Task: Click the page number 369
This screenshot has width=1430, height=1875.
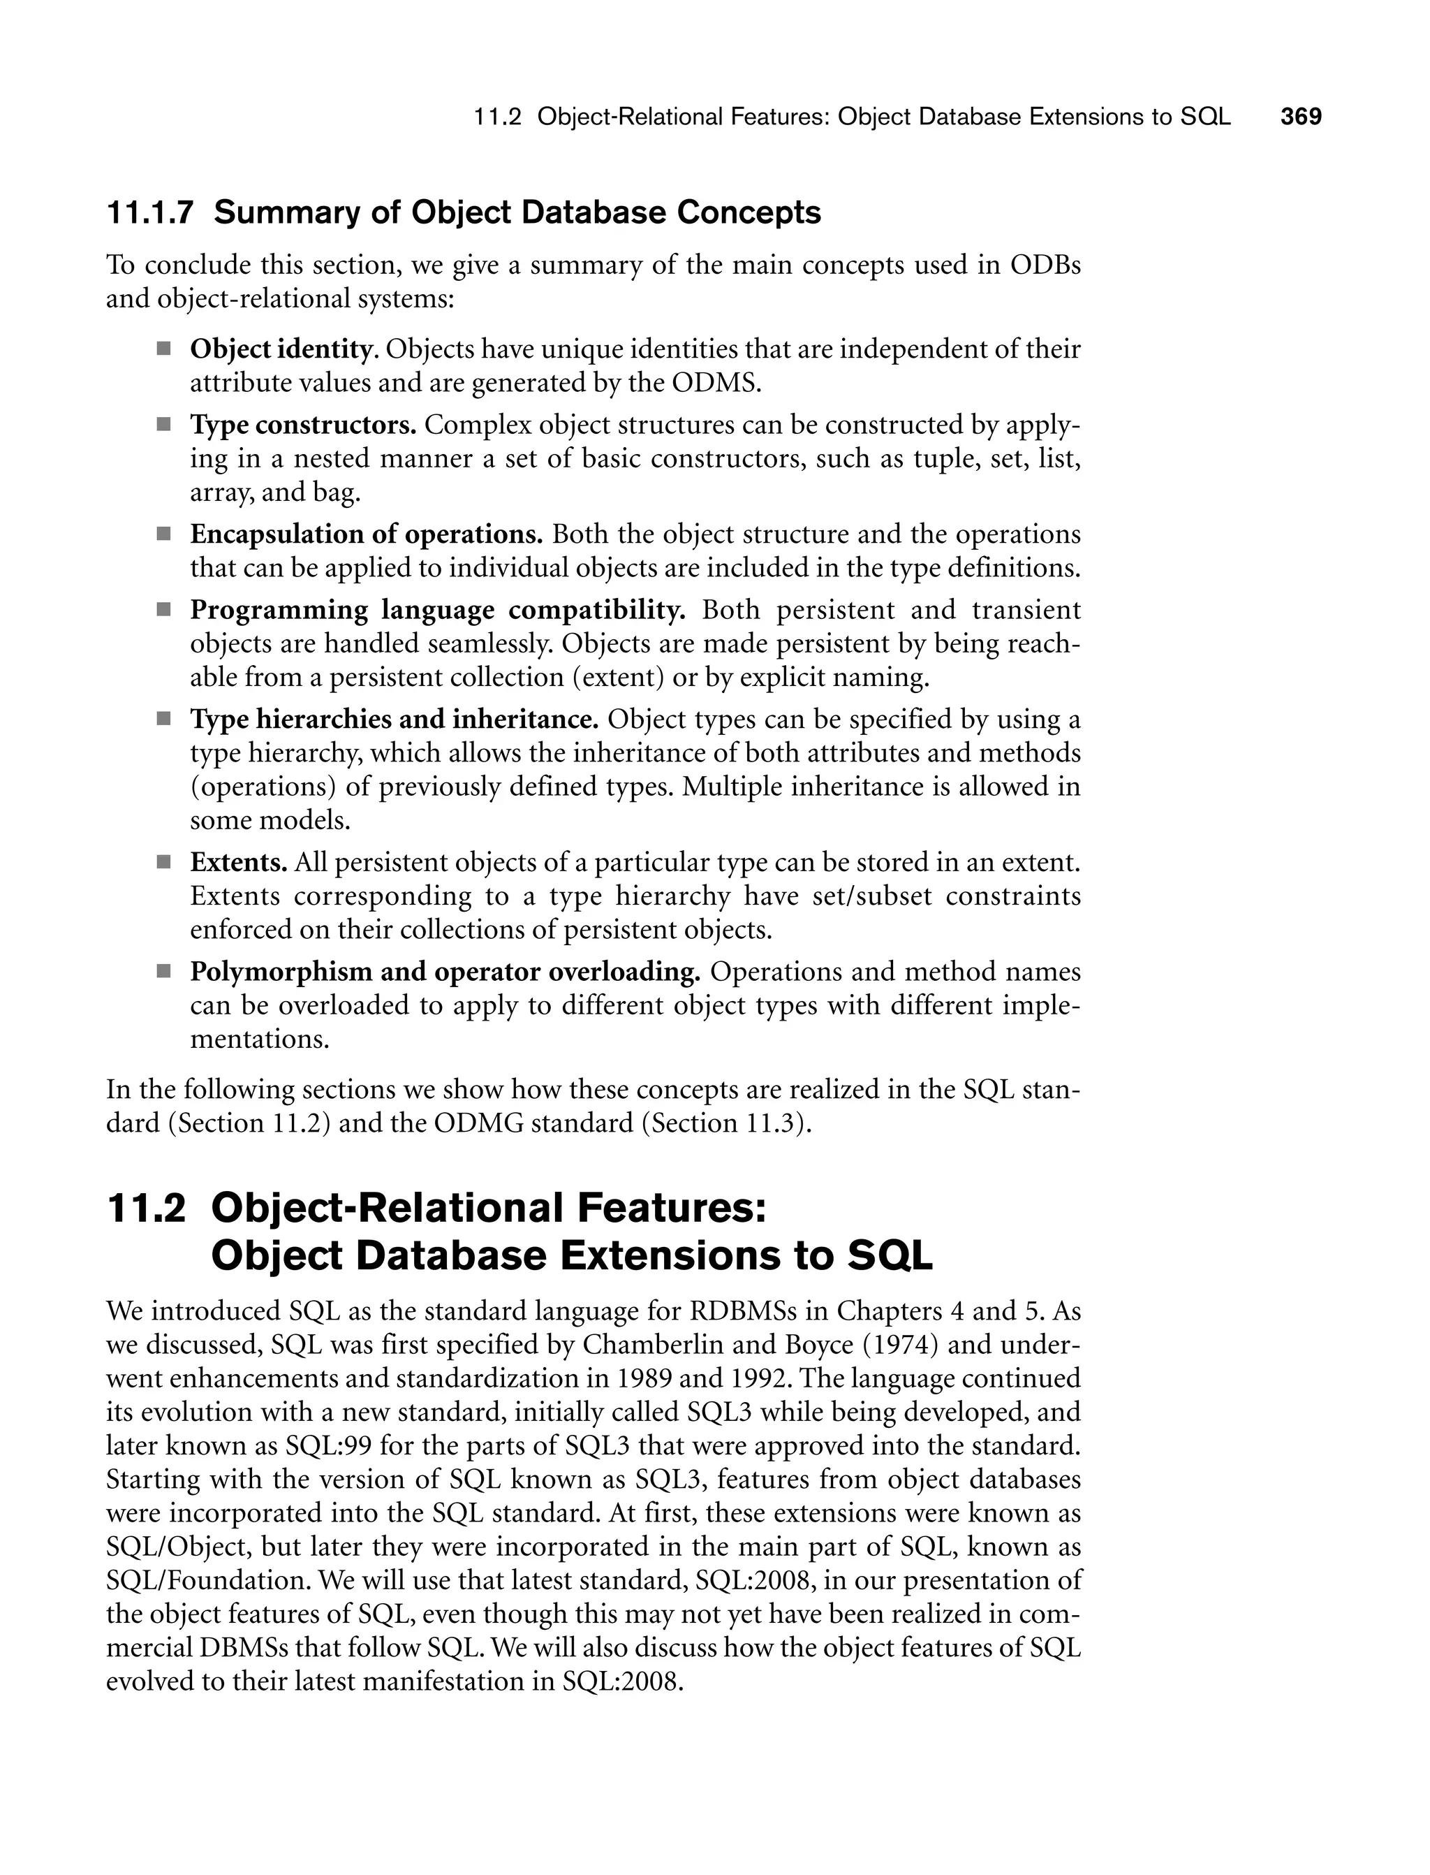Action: click(x=1301, y=117)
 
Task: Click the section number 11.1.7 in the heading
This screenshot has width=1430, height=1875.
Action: click(x=150, y=213)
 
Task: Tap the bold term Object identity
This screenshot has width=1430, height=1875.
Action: click(x=281, y=349)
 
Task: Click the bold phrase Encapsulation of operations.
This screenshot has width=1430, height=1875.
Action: click(x=366, y=534)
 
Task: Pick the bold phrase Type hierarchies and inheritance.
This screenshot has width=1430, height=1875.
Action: click(x=394, y=720)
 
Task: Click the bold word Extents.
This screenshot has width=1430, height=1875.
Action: click(x=238, y=863)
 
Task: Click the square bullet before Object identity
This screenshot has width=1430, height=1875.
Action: click(x=163, y=349)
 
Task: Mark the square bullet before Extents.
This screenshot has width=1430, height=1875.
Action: click(x=163, y=863)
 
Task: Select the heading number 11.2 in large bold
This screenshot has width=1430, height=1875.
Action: click(x=147, y=1209)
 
